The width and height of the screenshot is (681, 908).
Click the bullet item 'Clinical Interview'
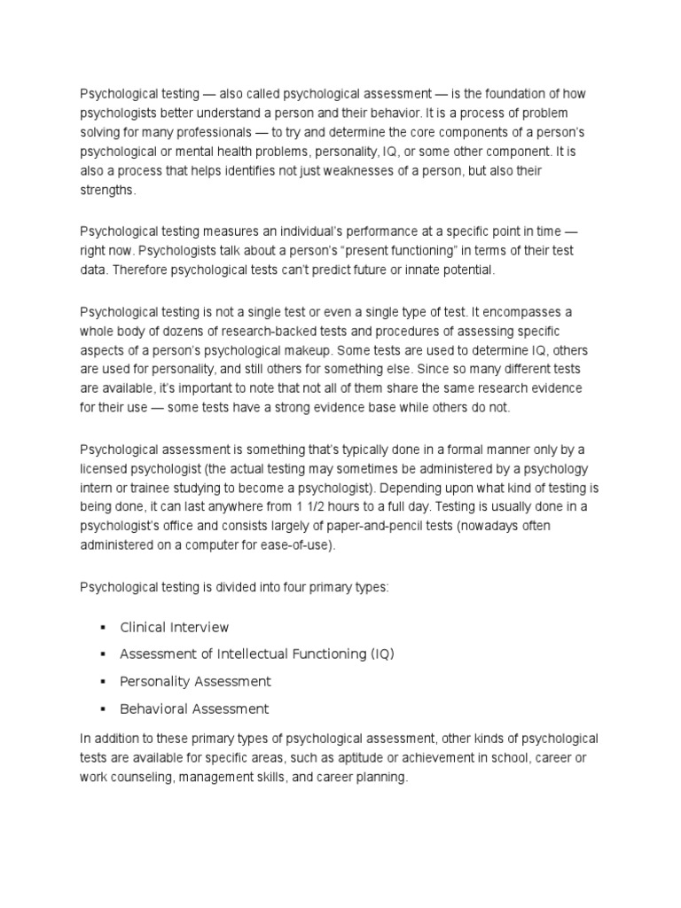174,627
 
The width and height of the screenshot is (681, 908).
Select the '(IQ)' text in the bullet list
381,654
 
